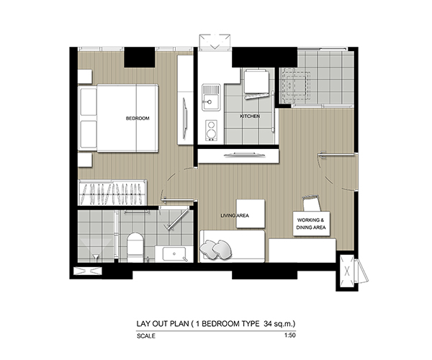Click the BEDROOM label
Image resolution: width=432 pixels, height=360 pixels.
[x=138, y=118]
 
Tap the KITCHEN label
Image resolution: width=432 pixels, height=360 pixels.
[x=250, y=116]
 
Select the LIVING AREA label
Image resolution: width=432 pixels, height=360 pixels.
[x=235, y=216]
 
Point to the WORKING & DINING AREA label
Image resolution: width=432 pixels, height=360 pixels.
[x=311, y=224]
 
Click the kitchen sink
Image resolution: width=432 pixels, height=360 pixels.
[x=211, y=97]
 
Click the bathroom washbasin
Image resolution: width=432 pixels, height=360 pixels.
[x=174, y=253]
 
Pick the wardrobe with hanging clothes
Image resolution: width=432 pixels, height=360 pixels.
[x=112, y=192]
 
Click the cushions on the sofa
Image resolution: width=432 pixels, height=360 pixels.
[x=216, y=250]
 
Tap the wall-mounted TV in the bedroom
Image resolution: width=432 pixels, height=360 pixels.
[x=185, y=118]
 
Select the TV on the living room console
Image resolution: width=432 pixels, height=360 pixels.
[x=245, y=155]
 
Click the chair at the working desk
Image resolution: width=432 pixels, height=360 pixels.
[x=312, y=203]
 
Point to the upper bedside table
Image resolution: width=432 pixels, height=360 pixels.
[x=84, y=76]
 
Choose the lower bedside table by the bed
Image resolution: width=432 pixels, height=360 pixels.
[x=84, y=160]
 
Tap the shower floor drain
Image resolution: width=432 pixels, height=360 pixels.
[x=96, y=257]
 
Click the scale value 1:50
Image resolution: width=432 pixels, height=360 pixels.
[x=290, y=336]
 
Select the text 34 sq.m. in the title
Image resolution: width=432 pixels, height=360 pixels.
[x=279, y=323]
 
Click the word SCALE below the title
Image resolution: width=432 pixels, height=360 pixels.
[x=146, y=336]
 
